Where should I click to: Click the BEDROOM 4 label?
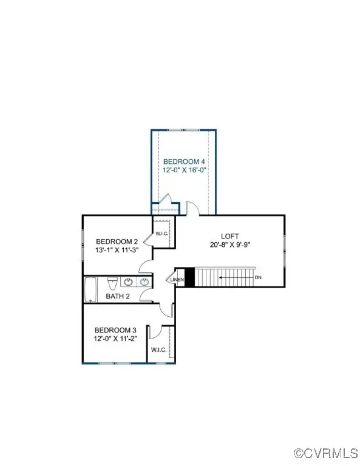point(183,161)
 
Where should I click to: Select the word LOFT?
point(229,236)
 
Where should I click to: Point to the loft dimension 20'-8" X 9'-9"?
point(229,245)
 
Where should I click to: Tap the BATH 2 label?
point(117,296)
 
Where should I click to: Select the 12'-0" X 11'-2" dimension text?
point(115,339)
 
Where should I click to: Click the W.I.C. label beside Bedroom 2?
point(161,234)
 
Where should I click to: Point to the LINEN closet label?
point(177,279)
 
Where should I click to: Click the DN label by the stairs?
point(258,277)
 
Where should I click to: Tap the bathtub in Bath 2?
point(90,289)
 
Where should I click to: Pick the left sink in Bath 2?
point(129,282)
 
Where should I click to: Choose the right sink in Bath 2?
point(144,282)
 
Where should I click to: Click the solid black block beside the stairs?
point(189,277)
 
